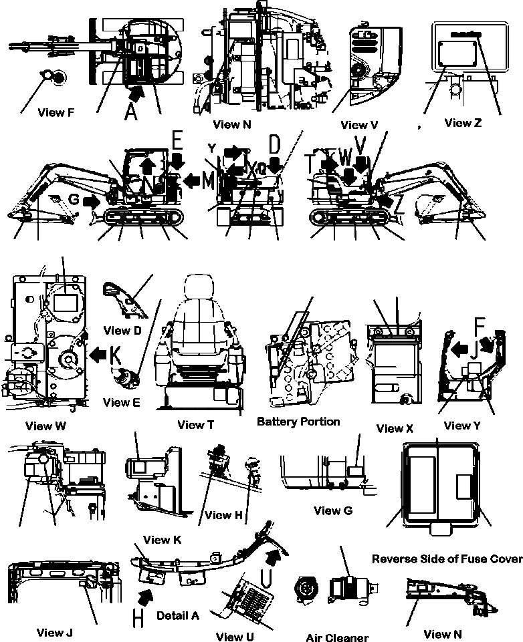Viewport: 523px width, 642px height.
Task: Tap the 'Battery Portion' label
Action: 298,422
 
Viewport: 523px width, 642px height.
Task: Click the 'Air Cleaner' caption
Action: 337,638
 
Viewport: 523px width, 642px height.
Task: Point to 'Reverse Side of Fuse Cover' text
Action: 447,558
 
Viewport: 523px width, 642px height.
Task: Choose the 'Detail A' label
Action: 177,615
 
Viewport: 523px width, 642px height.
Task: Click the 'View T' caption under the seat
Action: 195,425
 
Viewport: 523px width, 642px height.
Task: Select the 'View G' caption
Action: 332,511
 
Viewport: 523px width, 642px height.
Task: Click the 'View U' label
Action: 235,637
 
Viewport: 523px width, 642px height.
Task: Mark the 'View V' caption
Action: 354,125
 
